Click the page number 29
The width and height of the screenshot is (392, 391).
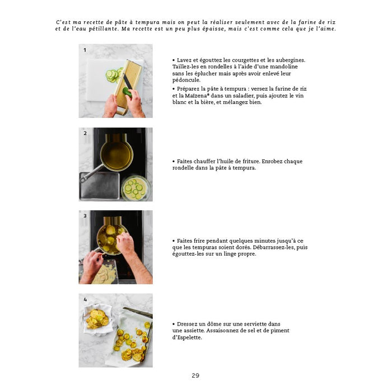tap(195, 375)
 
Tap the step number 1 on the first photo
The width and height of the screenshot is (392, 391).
tap(85, 50)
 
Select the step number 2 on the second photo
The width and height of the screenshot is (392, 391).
tap(85, 133)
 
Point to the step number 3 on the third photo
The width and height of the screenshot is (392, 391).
tap(85, 216)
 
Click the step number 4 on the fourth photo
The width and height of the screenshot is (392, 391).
tap(85, 299)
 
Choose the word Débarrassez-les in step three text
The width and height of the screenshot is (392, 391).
tap(273, 247)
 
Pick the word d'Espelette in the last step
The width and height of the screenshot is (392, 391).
tap(187, 337)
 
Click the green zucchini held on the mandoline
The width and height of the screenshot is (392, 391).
tap(128, 92)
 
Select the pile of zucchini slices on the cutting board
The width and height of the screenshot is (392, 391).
tap(114, 76)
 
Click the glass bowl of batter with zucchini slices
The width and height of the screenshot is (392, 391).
tap(136, 189)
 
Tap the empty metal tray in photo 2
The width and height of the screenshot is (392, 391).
tap(100, 186)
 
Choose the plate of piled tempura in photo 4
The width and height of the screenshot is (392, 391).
tap(97, 319)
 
